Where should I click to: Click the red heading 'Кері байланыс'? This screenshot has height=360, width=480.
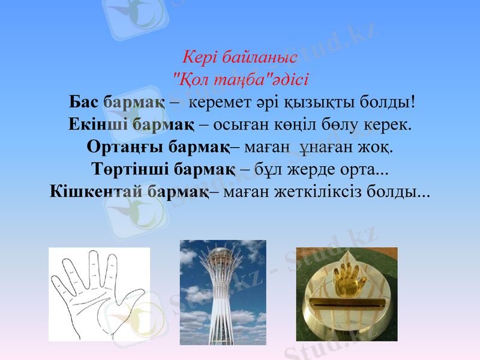point(240,58)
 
